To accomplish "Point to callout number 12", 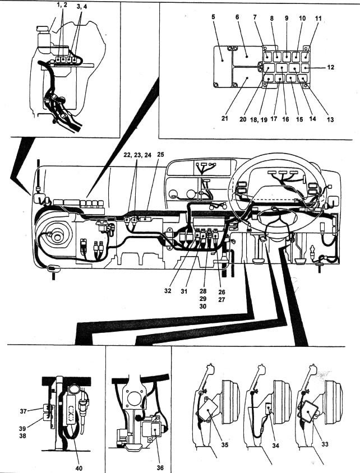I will (331, 68).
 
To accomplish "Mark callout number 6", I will (237, 18).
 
